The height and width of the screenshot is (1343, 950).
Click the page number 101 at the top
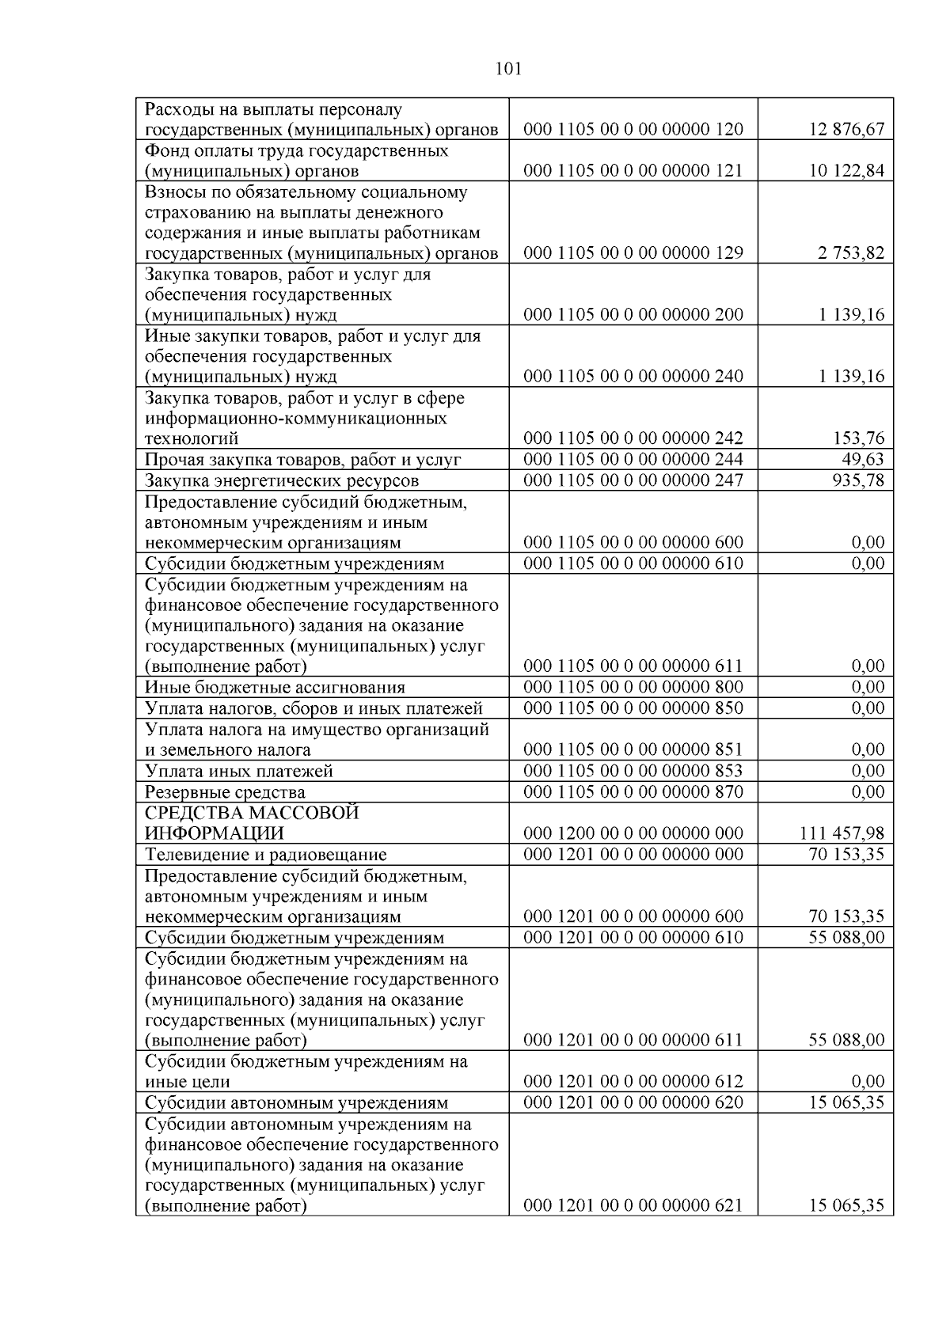(507, 69)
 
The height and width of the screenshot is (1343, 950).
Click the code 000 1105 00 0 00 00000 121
(633, 171)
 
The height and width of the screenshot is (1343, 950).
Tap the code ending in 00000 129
(633, 253)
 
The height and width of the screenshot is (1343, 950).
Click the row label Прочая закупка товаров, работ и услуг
(303, 460)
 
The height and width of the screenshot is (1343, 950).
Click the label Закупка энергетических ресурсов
(282, 481)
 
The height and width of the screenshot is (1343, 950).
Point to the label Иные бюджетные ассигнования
(275, 688)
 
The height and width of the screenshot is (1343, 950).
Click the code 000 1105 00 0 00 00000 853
(633, 771)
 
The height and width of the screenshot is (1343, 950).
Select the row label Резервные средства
(225, 792)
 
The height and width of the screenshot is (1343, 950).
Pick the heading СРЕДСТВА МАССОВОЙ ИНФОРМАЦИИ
(252, 823)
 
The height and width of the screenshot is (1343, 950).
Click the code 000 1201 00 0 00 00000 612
(633, 1082)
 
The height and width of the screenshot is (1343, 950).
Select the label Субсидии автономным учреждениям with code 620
(296, 1103)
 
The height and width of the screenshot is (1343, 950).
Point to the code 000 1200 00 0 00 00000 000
(633, 833)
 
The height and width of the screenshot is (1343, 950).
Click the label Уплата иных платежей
(239, 772)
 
